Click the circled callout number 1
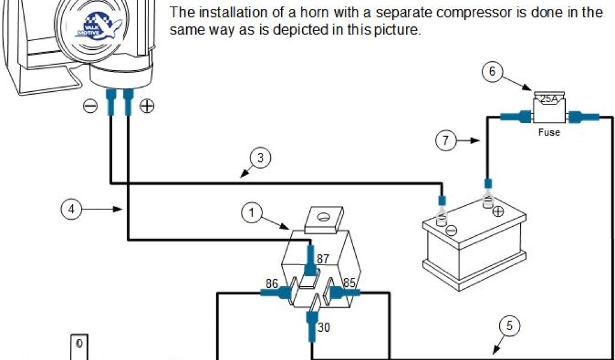point(252,213)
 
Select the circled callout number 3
point(260,159)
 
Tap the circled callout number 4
point(71,209)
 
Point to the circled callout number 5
point(510,326)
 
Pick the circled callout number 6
point(492,72)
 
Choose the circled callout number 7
point(446,141)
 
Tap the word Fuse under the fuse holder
point(549,132)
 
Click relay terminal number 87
point(323,259)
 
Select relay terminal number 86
point(271,284)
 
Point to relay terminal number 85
point(350,283)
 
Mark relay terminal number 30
point(323,328)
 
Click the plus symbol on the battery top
point(498,211)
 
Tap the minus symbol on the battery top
point(452,229)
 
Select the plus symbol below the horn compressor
point(147,106)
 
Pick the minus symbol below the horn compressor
point(90,106)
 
